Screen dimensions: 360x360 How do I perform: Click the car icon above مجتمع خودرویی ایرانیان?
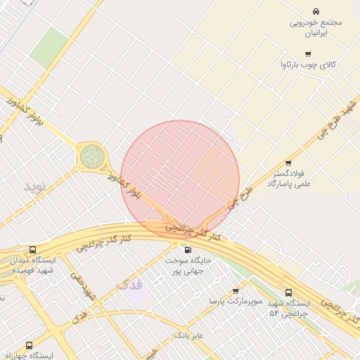click(316, 12)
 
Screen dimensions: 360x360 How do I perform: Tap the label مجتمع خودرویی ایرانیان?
click(316, 27)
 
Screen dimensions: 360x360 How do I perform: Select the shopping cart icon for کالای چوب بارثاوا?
click(308, 54)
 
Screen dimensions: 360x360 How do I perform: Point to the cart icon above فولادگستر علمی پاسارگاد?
click(288, 163)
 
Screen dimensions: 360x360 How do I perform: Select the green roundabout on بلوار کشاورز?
click(91, 156)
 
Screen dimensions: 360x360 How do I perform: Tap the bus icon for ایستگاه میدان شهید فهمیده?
click(33, 250)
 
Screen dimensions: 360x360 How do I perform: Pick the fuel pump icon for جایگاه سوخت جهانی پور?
click(187, 250)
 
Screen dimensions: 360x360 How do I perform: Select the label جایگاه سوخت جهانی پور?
click(188, 265)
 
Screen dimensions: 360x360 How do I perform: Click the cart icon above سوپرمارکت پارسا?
click(235, 290)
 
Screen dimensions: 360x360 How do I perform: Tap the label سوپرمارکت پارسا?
click(236, 301)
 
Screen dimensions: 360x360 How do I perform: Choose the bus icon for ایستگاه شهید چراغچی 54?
click(288, 292)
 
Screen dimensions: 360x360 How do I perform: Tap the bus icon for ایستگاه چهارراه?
click(29, 345)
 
